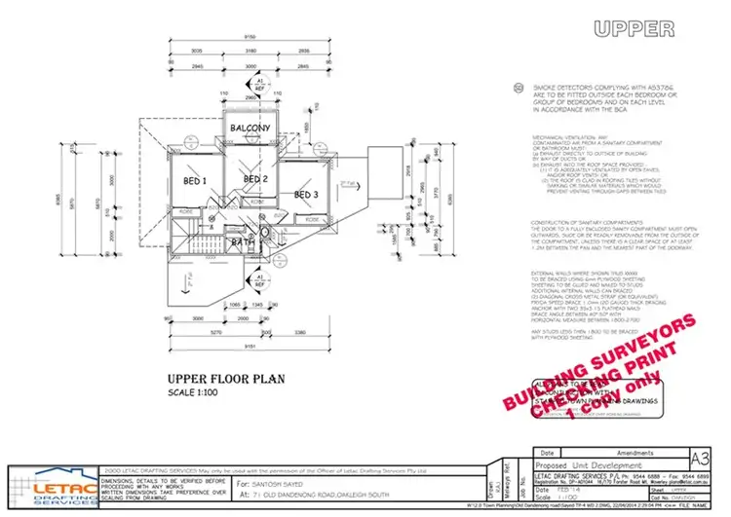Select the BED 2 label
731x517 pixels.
tap(254, 179)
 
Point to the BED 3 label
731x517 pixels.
tap(305, 195)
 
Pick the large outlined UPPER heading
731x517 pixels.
tap(634, 27)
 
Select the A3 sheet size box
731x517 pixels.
tap(699, 457)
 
